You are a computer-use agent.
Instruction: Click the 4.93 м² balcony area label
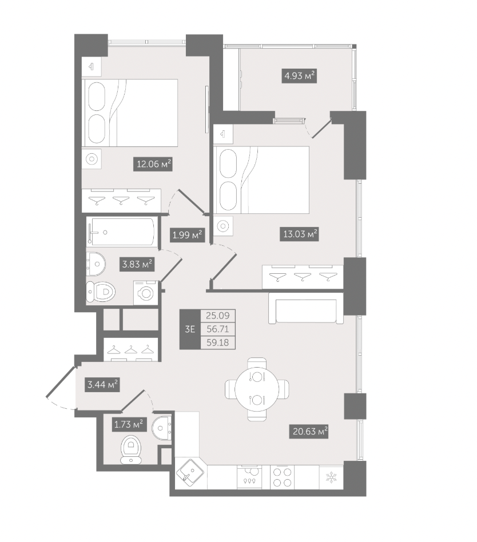299,75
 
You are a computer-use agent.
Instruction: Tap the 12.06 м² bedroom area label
153,164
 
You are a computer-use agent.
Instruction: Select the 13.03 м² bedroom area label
299,234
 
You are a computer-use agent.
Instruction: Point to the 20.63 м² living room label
309,431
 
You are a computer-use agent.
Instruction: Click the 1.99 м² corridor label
187,235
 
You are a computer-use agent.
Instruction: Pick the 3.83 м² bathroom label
137,265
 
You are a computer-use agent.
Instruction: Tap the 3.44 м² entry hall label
102,384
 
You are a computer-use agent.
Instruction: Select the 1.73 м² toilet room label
129,424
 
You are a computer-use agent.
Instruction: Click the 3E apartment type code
190,329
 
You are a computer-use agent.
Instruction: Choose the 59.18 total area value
217,342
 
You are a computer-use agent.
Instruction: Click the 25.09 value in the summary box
217,315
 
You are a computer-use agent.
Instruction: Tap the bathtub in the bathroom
121,232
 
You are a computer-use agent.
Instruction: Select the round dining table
257,389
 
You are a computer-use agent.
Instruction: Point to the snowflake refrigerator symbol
331,478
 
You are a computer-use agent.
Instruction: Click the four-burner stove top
283,477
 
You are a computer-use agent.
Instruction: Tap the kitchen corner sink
190,473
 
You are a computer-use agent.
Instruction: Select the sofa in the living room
306,309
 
